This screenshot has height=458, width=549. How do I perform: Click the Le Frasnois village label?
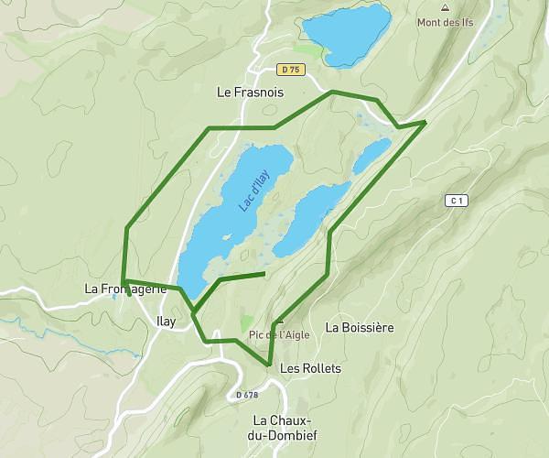(x=250, y=93)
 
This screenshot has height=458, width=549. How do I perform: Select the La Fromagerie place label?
(x=125, y=289)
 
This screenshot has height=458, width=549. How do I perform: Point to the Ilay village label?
(x=166, y=322)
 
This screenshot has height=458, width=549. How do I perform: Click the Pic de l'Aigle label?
(x=279, y=334)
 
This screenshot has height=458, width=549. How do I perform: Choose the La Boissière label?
(x=360, y=327)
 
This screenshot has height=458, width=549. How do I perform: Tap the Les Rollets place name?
(x=310, y=368)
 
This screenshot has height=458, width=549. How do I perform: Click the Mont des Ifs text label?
(x=445, y=22)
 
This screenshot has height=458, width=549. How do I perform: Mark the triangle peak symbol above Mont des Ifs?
(x=445, y=7)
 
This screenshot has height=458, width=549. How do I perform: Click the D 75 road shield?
(x=291, y=70)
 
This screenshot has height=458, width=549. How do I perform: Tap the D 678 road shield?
(x=246, y=395)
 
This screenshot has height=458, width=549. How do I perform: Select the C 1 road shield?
(x=458, y=200)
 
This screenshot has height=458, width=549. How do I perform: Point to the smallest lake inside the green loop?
(x=372, y=156)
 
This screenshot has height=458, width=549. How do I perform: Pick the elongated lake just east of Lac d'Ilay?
(x=311, y=218)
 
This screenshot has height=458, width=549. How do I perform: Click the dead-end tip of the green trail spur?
(x=264, y=273)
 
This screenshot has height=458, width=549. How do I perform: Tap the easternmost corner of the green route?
(x=426, y=121)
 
